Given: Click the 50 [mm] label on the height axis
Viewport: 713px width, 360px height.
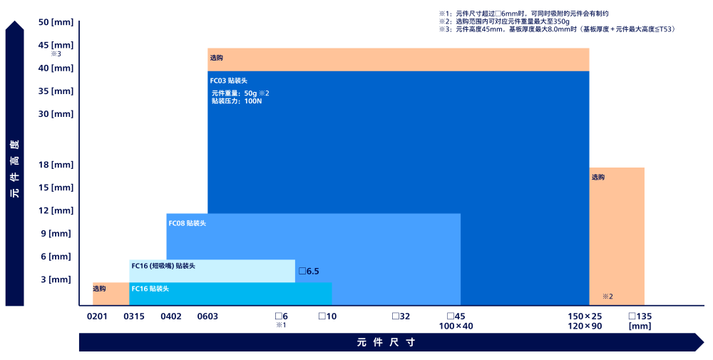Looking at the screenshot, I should point(56,22).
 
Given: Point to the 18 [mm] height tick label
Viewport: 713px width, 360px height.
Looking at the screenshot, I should point(56,165).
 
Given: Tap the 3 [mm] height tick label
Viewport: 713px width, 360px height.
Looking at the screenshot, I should point(56,279).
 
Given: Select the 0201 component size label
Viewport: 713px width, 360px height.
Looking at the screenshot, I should point(97,316).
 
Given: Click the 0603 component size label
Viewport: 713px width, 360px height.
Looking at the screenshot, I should point(207,316).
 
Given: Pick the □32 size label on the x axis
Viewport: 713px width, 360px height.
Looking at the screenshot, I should point(401,316).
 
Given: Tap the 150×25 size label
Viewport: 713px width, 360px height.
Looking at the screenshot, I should point(585,316).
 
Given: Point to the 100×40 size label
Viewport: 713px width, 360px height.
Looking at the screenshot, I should point(456,326).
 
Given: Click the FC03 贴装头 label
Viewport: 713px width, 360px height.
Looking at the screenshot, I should point(228,81).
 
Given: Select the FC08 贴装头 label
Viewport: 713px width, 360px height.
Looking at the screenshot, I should point(187,223).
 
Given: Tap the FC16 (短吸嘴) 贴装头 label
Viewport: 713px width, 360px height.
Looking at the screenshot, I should point(163,266).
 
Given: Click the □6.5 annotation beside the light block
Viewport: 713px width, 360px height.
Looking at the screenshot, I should point(309,271).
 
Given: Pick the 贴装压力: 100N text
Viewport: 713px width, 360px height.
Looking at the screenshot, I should point(237,101).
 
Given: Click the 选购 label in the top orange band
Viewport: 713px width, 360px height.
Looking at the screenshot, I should point(217,58).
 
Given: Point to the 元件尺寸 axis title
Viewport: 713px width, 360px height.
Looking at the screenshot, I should point(386,342).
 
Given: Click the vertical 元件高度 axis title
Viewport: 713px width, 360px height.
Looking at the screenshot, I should point(14,168).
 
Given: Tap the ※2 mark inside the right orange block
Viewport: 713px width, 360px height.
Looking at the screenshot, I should point(607,297).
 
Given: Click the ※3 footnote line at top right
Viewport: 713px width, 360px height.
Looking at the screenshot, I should point(556,29).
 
